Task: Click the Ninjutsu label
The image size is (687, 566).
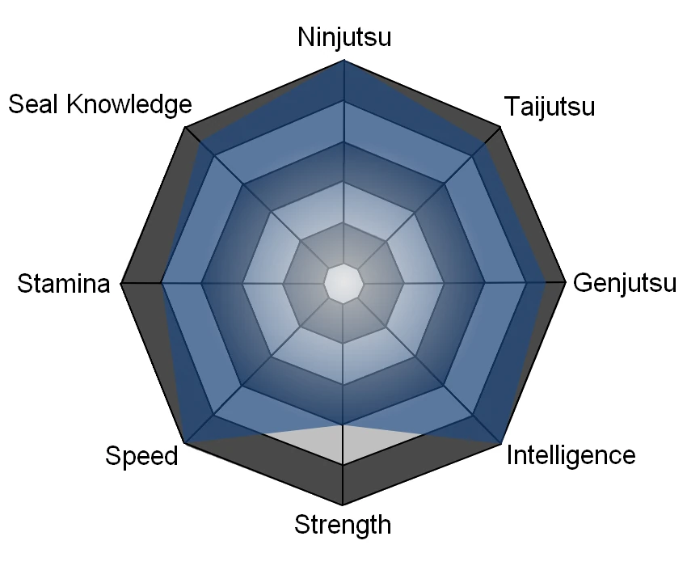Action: (344, 37)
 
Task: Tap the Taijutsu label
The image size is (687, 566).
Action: (549, 106)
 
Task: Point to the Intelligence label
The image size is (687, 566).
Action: (571, 455)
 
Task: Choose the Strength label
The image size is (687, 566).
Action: (343, 525)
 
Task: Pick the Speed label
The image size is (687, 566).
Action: (141, 455)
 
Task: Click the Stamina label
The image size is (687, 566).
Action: (64, 284)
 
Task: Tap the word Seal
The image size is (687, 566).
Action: (36, 104)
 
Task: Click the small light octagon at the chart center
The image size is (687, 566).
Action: (343, 283)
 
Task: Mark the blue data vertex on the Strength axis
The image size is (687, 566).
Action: (343, 424)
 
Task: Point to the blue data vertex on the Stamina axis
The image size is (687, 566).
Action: (162, 283)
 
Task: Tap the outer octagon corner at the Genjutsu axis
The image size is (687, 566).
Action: (566, 283)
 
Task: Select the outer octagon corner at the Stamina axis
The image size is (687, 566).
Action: (121, 283)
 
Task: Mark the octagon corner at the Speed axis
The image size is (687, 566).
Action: (186, 442)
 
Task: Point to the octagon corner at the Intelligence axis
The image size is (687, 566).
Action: (501, 442)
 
